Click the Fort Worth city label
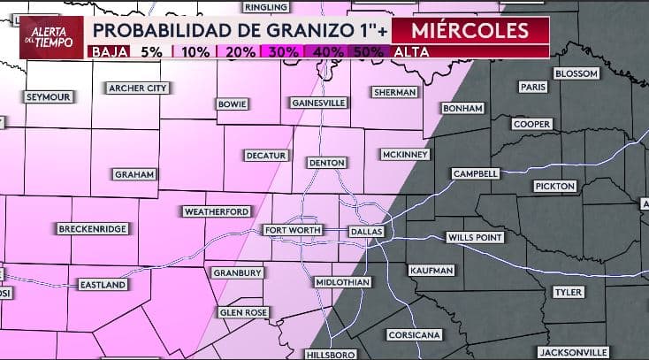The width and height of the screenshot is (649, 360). tap(294, 231)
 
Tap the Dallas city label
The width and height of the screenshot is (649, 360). tap(366, 231)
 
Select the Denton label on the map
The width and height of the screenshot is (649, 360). tap(326, 163)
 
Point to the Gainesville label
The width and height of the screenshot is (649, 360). tap(318, 103)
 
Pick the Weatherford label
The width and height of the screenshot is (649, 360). tap(217, 211)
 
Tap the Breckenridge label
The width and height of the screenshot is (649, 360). tap(92, 229)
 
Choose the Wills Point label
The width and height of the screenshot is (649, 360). tap(475, 238)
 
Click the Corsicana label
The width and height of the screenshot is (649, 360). tap(414, 336)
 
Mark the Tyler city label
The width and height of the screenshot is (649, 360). tap(567, 292)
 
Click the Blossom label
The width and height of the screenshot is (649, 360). tap(576, 73)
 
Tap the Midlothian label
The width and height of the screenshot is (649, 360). tap(342, 282)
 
